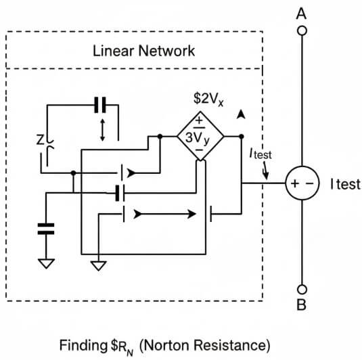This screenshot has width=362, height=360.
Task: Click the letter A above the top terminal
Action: point(302,13)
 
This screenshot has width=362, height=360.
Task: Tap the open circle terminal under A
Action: point(302,30)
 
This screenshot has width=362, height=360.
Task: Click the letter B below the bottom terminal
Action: point(302,305)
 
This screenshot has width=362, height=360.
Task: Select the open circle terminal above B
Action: point(302,286)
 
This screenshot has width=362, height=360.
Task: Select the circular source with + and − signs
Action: point(302,184)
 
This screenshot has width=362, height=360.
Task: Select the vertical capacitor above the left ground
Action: point(46,228)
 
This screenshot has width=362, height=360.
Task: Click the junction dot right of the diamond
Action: point(241,136)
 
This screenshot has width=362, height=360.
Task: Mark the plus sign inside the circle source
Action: point(295,184)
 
